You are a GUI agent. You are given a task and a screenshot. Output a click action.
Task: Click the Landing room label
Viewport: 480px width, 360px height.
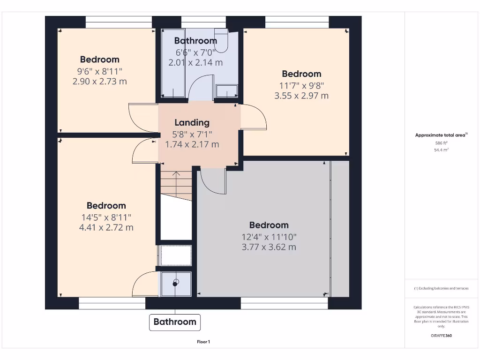coord(192,123)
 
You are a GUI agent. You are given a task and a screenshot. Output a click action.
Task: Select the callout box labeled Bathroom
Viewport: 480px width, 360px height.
coord(175,322)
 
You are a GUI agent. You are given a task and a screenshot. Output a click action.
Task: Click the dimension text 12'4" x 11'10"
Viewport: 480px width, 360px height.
coord(269,237)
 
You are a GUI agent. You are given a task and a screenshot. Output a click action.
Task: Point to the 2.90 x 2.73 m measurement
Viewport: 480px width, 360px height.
coord(99,82)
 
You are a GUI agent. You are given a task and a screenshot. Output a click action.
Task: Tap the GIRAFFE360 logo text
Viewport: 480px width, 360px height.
coord(441,336)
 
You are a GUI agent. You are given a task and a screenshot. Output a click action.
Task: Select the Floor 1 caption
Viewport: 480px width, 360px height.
coord(203,342)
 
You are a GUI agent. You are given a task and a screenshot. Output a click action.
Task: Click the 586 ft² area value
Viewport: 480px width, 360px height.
coord(441,142)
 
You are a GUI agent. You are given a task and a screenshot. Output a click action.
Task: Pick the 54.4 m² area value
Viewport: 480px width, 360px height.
coord(441,150)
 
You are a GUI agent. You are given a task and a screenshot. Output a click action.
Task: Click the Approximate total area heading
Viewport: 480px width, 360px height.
coord(441,135)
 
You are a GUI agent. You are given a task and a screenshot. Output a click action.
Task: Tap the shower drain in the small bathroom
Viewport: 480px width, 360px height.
coord(176,283)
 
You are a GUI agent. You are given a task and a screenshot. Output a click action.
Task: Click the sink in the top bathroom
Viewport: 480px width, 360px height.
coord(227,90)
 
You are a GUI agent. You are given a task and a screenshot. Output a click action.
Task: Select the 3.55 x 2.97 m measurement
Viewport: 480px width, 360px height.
coord(301,96)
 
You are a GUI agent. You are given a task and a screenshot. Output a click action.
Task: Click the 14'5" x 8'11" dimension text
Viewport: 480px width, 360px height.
coord(106,217)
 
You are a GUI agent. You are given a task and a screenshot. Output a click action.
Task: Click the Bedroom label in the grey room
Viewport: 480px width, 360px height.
coord(269,225)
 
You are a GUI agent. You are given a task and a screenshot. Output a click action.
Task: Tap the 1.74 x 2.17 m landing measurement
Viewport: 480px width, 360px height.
coord(192,144)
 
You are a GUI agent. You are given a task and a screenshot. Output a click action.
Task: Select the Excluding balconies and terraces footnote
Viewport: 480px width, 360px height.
coord(441,288)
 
